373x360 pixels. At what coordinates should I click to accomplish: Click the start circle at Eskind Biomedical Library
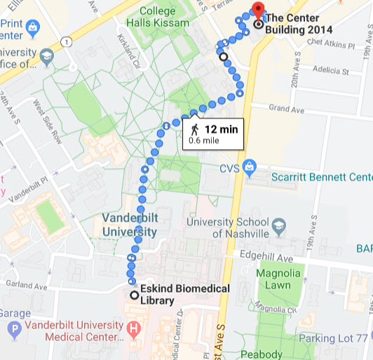click(x=135, y=295)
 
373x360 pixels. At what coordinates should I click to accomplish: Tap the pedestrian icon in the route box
click(x=194, y=130)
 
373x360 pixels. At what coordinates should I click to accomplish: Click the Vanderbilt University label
click(x=129, y=224)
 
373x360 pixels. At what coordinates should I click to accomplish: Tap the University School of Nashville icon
click(x=280, y=227)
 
